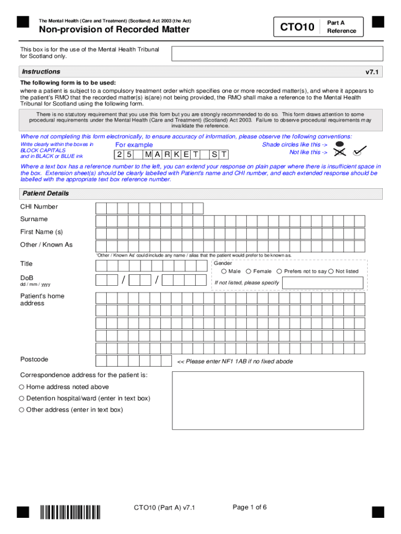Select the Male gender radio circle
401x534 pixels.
click(x=224, y=271)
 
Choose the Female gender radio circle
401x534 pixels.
click(x=249, y=271)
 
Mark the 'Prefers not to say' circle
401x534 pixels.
click(x=280, y=271)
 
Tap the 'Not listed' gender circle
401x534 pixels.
click(x=331, y=271)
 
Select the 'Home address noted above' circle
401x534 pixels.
click(x=22, y=387)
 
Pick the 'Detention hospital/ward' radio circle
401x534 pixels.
click(x=22, y=398)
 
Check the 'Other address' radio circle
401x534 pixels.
click(x=22, y=410)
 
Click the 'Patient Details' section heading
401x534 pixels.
click(x=45, y=193)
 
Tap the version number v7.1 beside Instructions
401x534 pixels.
click(x=372, y=72)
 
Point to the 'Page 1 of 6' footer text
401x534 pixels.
click(x=250, y=507)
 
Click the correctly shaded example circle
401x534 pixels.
click(x=340, y=143)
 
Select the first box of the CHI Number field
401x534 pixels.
click(x=101, y=209)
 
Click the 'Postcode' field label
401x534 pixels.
click(x=34, y=359)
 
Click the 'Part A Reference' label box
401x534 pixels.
click(x=341, y=27)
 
